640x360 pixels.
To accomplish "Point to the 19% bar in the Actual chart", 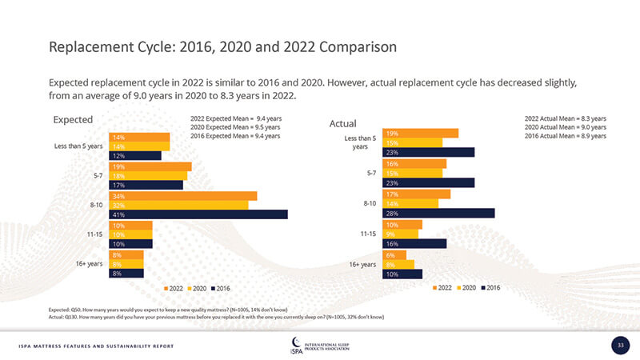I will (x=421, y=133).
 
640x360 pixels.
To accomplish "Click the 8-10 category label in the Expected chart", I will (x=98, y=206).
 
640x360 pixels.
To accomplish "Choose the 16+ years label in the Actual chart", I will (x=362, y=264).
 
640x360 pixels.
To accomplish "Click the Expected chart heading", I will (x=73, y=120).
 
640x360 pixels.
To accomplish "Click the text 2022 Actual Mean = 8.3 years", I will (x=566, y=118).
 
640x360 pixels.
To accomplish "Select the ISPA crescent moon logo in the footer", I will (x=297, y=342).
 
